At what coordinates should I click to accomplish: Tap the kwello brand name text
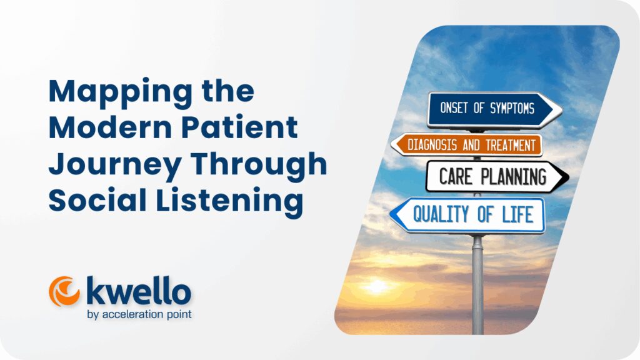(138, 292)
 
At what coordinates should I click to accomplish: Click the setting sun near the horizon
(377, 286)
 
